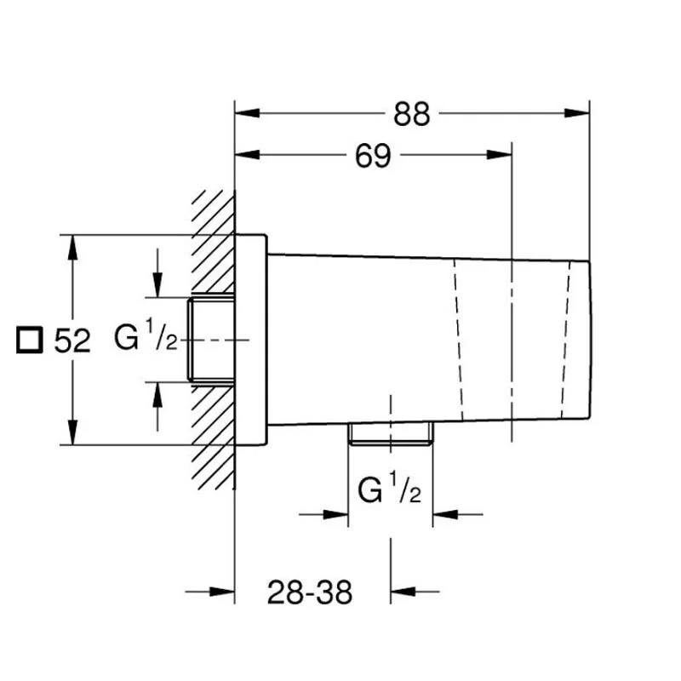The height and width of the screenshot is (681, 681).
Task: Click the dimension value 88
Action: click(x=412, y=114)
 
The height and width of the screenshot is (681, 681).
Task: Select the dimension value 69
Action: click(x=373, y=156)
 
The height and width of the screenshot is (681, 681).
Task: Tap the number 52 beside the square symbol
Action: click(x=72, y=340)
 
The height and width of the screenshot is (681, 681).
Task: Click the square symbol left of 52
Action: click(x=30, y=340)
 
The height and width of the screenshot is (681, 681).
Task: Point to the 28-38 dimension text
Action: click(x=310, y=592)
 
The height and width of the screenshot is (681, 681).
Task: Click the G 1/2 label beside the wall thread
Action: click(x=146, y=335)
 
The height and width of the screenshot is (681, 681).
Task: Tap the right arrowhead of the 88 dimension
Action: click(x=577, y=113)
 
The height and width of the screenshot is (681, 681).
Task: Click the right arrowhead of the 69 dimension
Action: click(x=500, y=155)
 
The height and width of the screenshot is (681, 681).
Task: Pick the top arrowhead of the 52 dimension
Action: click(x=73, y=248)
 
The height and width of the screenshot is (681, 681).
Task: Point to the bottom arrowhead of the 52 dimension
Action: click(x=73, y=432)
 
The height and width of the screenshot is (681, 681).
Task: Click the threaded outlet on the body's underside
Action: click(x=391, y=433)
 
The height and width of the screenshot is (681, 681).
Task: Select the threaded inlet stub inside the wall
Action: click(x=211, y=340)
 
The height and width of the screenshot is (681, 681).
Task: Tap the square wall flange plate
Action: click(x=250, y=340)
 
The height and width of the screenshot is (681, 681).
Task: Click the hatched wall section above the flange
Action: click(x=213, y=242)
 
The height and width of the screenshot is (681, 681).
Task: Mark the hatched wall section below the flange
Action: click(x=213, y=438)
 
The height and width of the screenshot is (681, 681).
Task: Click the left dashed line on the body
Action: click(x=458, y=340)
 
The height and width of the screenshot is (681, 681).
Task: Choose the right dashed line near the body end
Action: click(x=565, y=340)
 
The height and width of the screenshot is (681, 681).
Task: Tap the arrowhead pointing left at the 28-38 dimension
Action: click(x=403, y=591)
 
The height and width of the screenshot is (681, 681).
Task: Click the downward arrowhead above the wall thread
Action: click(x=157, y=285)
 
